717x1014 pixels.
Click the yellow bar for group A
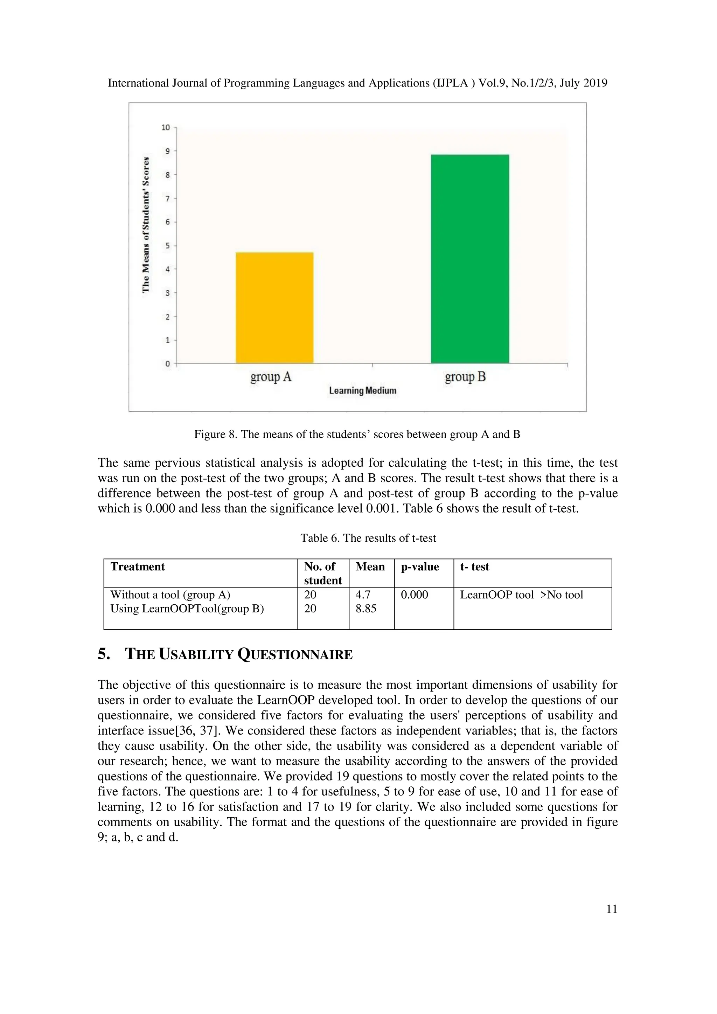pyautogui.click(x=274, y=308)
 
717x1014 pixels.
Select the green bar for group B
pyautogui.click(x=470, y=259)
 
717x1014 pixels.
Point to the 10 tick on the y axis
pyautogui.click(x=166, y=128)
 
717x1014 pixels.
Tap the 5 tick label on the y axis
pyautogui.click(x=167, y=245)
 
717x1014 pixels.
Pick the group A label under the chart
pyautogui.click(x=271, y=377)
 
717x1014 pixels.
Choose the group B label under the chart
pyautogui.click(x=465, y=377)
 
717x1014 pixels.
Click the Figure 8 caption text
pyautogui.click(x=357, y=434)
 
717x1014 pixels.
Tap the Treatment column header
pyautogui.click(x=137, y=567)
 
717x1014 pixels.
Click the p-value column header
pyautogui.click(x=420, y=567)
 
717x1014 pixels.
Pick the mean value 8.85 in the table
pyautogui.click(x=366, y=608)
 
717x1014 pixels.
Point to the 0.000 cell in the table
pyautogui.click(x=414, y=595)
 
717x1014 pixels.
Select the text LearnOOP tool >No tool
pyautogui.click(x=521, y=595)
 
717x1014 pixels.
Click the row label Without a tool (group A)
pyautogui.click(x=170, y=595)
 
